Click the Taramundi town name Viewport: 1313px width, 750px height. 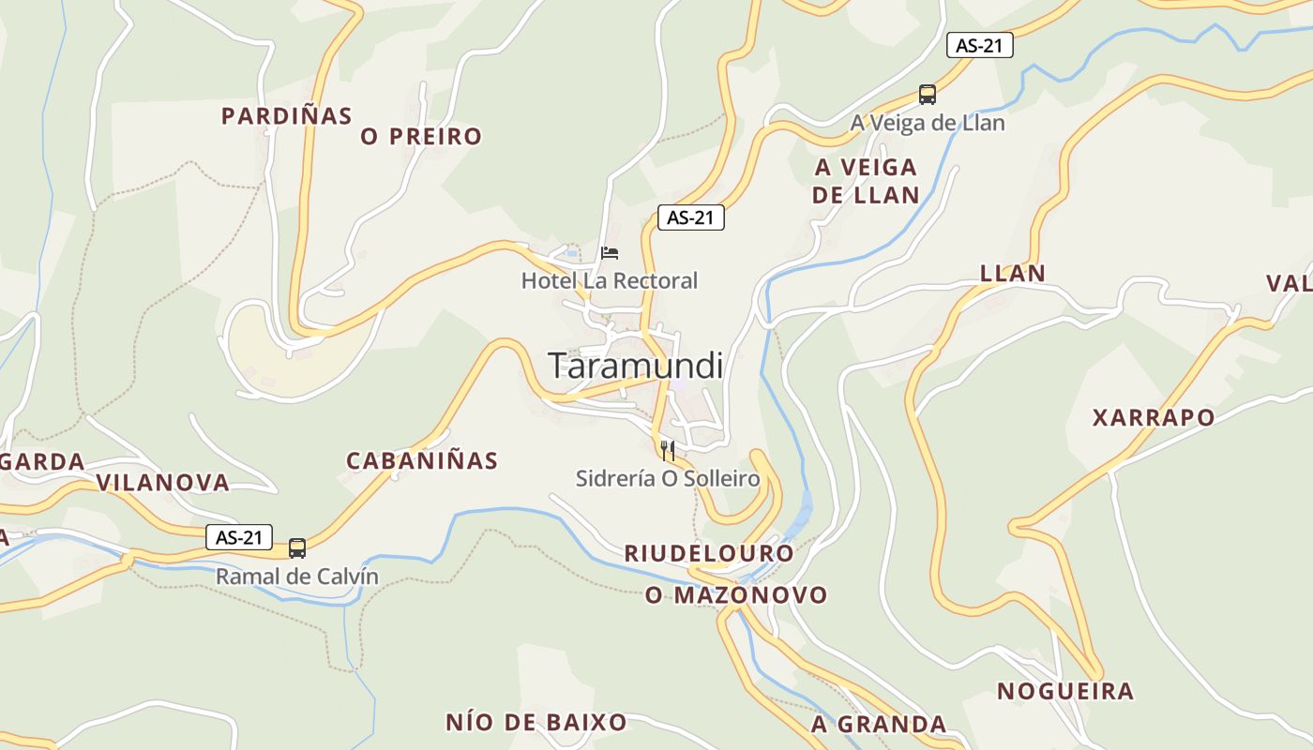635,366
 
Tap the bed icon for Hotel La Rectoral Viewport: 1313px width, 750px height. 610,253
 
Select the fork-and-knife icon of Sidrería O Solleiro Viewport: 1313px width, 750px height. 668,451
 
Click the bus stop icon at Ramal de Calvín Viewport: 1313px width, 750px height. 297,547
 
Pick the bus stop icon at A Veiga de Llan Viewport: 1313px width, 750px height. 928,95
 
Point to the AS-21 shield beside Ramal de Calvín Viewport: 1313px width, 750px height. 239,537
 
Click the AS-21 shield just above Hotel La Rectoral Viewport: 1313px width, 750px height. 691,217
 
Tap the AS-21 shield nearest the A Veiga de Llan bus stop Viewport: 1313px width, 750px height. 980,45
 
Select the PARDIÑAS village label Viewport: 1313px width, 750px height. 286,116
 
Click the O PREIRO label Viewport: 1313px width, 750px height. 421,137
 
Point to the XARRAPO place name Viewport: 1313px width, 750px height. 1154,417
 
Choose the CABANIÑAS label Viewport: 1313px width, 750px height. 422,460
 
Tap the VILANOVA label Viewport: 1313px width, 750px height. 163,483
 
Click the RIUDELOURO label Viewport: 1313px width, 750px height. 709,553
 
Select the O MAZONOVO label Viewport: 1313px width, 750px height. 736,595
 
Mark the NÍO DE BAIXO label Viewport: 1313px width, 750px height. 536,723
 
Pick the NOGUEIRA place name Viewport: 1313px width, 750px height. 1065,692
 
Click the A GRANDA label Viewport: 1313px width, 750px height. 879,725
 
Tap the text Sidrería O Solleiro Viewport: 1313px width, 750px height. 668,479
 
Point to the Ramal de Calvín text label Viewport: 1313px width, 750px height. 297,577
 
